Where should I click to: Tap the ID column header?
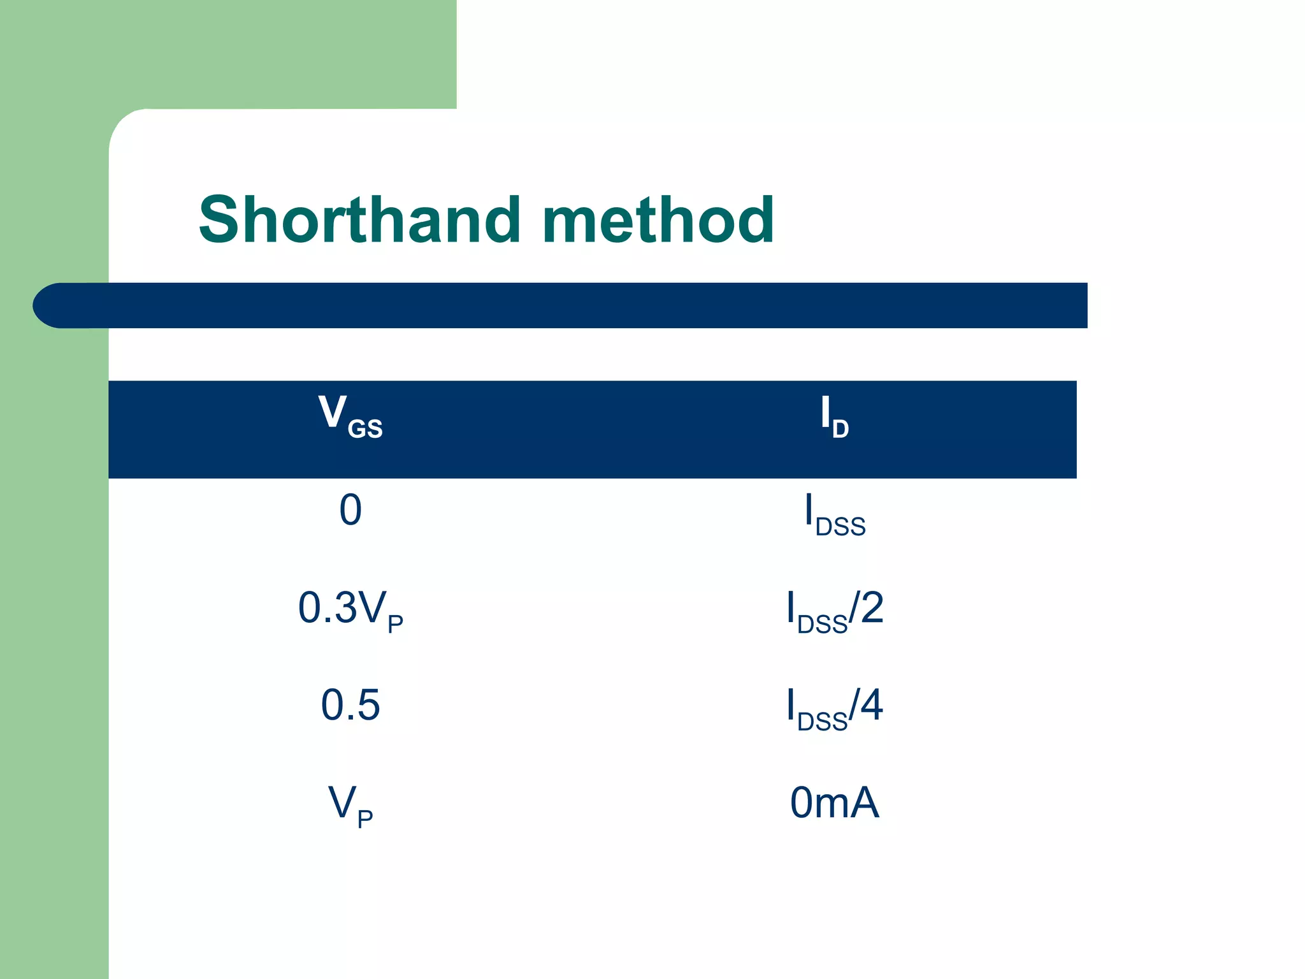pos(834,417)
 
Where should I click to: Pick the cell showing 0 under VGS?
pos(350,511)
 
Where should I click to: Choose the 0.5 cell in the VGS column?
pos(350,705)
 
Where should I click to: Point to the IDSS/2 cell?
pos(835,610)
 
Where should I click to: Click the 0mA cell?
pos(835,802)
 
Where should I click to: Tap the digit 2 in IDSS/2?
pos(872,607)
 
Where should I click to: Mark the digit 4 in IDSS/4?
pos(871,704)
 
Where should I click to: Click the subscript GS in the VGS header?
pos(365,430)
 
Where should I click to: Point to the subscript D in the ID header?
pos(840,430)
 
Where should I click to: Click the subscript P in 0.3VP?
pos(395,623)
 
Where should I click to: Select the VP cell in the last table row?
pos(350,805)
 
